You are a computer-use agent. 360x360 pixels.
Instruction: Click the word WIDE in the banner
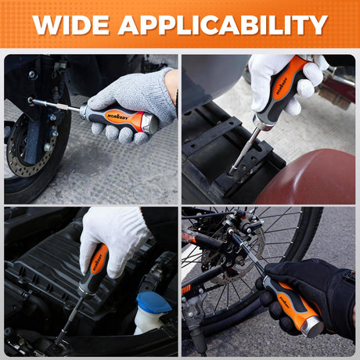tap(71, 25)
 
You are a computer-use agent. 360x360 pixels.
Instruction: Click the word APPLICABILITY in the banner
tap(223, 25)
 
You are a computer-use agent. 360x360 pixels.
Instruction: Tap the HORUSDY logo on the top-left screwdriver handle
tap(117, 117)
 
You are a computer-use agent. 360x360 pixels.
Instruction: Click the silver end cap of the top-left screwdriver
tap(150, 124)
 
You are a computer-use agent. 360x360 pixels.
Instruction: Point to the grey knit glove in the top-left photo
tap(133, 102)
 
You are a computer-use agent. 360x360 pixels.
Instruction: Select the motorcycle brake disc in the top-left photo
tap(31, 146)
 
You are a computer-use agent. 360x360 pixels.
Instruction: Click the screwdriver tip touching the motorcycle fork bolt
tap(31, 100)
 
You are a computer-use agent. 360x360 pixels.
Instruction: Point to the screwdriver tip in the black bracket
tap(232, 171)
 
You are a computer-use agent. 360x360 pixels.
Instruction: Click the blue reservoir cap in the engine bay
tap(154, 302)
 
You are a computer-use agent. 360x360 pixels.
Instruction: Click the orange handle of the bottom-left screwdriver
tap(99, 258)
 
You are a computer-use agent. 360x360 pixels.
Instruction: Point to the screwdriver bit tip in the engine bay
tap(56, 344)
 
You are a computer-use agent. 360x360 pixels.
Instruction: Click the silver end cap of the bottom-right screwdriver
tap(313, 326)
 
